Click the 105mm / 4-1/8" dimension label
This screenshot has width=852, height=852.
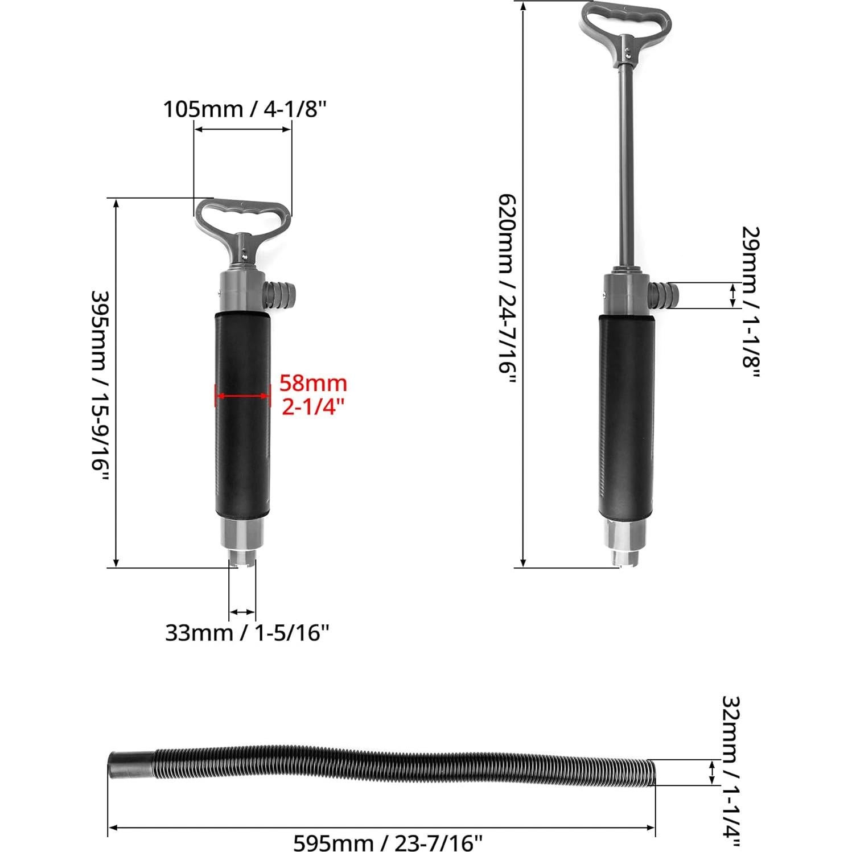pyautogui.click(x=246, y=109)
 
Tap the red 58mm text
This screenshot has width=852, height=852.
pyautogui.click(x=312, y=384)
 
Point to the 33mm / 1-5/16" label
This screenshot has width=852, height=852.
pyautogui.click(x=247, y=632)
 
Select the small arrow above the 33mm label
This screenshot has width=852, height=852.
pyautogui.click(x=242, y=612)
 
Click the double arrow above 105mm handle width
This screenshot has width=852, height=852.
pyautogui.click(x=242, y=130)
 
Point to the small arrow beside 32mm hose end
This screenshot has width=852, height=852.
pyautogui.click(x=711, y=772)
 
